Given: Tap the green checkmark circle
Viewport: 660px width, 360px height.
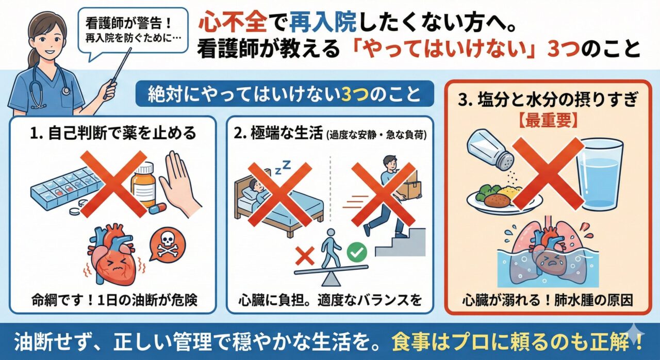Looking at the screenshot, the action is pyautogui.click(x=357, y=252).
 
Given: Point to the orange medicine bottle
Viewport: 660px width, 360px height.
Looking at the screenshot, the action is pyautogui.click(x=143, y=185).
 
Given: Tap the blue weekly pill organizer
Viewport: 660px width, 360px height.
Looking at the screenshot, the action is pyautogui.click(x=63, y=189).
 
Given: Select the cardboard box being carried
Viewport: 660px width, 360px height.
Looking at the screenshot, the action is pyautogui.click(x=409, y=185).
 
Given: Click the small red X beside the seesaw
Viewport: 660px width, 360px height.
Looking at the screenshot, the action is pyautogui.click(x=305, y=256).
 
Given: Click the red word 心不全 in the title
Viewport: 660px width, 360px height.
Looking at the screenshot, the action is pyautogui.click(x=233, y=24).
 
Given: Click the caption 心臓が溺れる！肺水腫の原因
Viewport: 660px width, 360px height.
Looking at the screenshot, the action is pyautogui.click(x=548, y=300).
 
